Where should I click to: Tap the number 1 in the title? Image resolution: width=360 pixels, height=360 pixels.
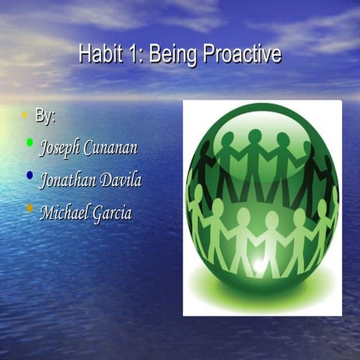tap(129, 55)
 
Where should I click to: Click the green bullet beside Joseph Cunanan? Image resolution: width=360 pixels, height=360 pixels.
tap(29, 141)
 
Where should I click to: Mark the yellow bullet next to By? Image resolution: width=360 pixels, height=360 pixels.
tap(24, 115)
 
